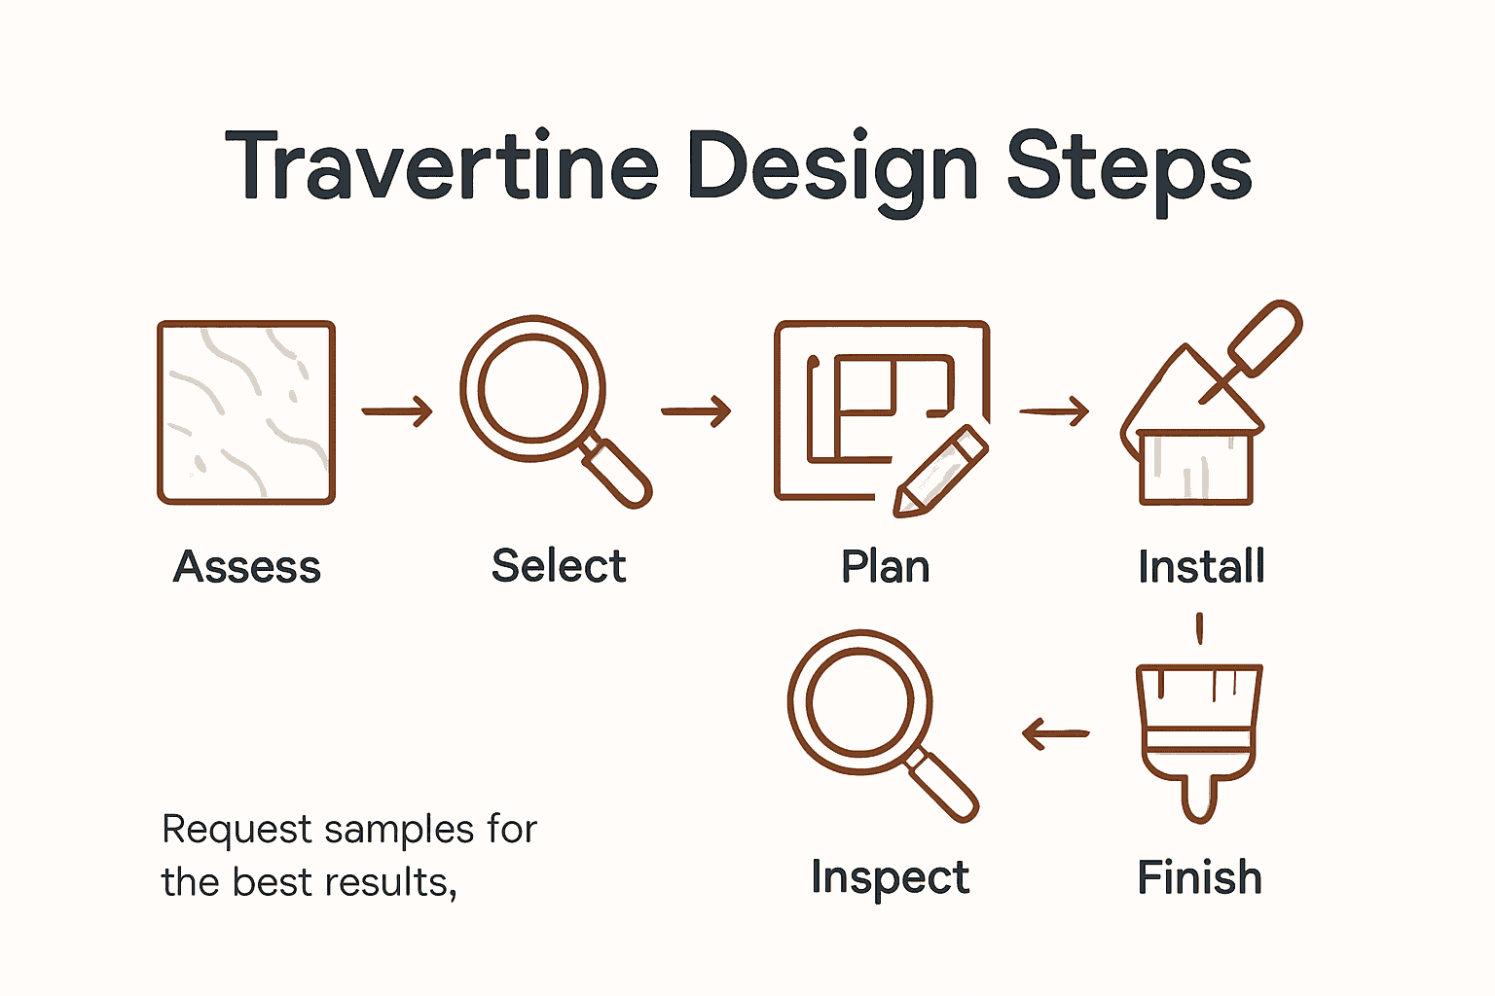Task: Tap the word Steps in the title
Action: point(1128,167)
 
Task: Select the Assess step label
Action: point(247,567)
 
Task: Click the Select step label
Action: point(559,566)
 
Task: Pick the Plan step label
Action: point(885,567)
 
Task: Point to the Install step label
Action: point(1201,567)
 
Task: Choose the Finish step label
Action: point(1199,878)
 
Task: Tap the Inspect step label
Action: point(890,878)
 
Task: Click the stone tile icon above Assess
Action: point(246,412)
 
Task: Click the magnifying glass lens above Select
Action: point(532,388)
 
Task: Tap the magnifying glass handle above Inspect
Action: point(944,786)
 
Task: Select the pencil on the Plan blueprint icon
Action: point(940,471)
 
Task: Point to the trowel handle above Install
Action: point(1265,337)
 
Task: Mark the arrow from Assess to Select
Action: point(397,411)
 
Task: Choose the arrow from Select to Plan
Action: point(696,411)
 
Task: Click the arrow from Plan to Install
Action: point(1054,411)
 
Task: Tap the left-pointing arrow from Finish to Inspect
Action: point(1056,733)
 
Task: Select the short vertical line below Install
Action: point(1199,627)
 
